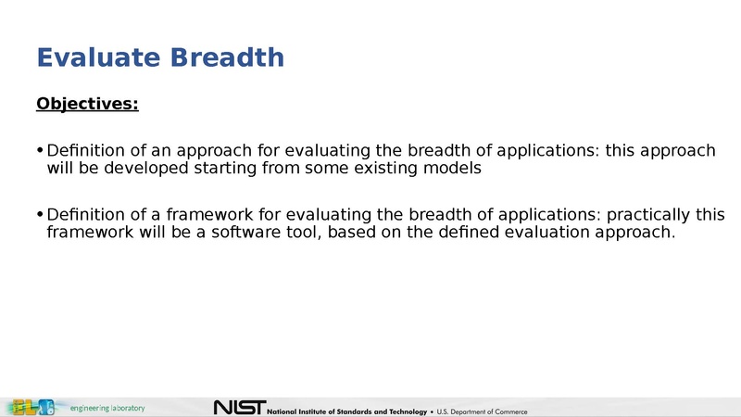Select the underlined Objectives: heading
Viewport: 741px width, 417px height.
[x=87, y=104]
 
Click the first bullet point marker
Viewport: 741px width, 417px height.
[x=40, y=151]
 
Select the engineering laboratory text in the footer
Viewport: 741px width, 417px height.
[x=107, y=408]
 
